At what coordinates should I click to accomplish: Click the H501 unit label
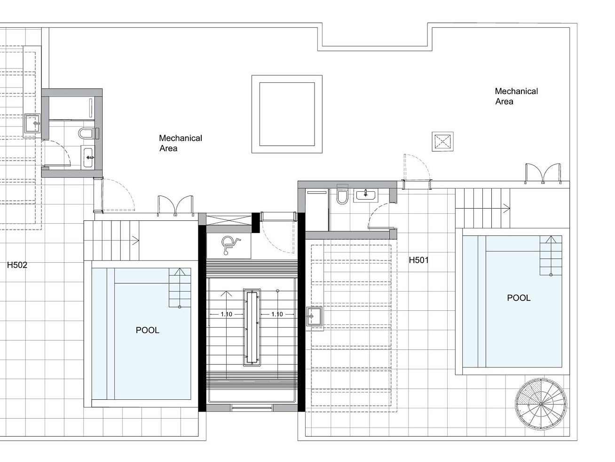pyautogui.click(x=418, y=260)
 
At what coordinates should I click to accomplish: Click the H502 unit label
pyautogui.click(x=17, y=265)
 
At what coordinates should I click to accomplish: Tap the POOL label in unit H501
pyautogui.click(x=519, y=298)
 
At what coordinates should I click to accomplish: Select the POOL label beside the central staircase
pyautogui.click(x=147, y=330)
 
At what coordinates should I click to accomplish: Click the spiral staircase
pyautogui.click(x=541, y=404)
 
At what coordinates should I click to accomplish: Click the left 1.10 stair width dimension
pyautogui.click(x=226, y=314)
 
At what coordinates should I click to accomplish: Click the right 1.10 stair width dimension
pyautogui.click(x=277, y=314)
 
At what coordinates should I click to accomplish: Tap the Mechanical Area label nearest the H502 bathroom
pyautogui.click(x=181, y=143)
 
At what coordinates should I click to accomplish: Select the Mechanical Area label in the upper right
pyautogui.click(x=516, y=96)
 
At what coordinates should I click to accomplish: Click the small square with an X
pyautogui.click(x=442, y=141)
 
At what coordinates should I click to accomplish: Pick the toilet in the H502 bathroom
pyautogui.click(x=86, y=134)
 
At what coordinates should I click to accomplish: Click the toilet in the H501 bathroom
pyautogui.click(x=342, y=196)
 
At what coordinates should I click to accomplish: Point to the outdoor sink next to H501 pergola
pyautogui.click(x=314, y=316)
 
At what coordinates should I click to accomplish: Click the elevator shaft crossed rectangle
pyautogui.click(x=229, y=220)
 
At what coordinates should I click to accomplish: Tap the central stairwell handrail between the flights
pyautogui.click(x=252, y=327)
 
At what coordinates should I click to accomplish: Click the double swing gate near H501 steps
pyautogui.click(x=543, y=173)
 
